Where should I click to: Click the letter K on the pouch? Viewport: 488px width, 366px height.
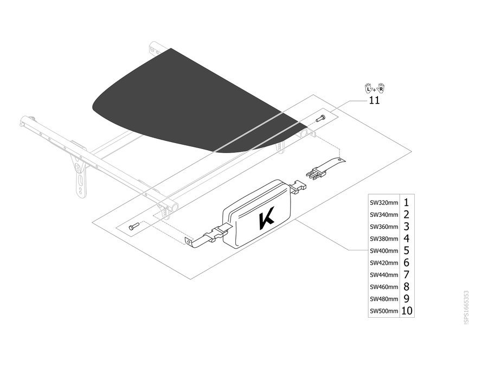coord(266,218)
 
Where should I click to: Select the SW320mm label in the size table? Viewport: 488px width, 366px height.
coord(384,203)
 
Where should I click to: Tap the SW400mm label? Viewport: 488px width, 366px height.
coord(384,251)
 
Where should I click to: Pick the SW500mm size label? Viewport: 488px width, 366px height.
coord(384,311)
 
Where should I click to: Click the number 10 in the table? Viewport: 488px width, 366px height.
coord(407,311)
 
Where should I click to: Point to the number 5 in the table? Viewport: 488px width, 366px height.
coord(406,251)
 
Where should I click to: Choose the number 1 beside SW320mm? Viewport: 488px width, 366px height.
coord(406,203)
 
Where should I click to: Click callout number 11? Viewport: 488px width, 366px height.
coord(374,100)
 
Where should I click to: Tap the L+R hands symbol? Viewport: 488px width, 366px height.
coord(374,88)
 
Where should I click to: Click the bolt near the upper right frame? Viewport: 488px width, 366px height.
coord(320,118)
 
